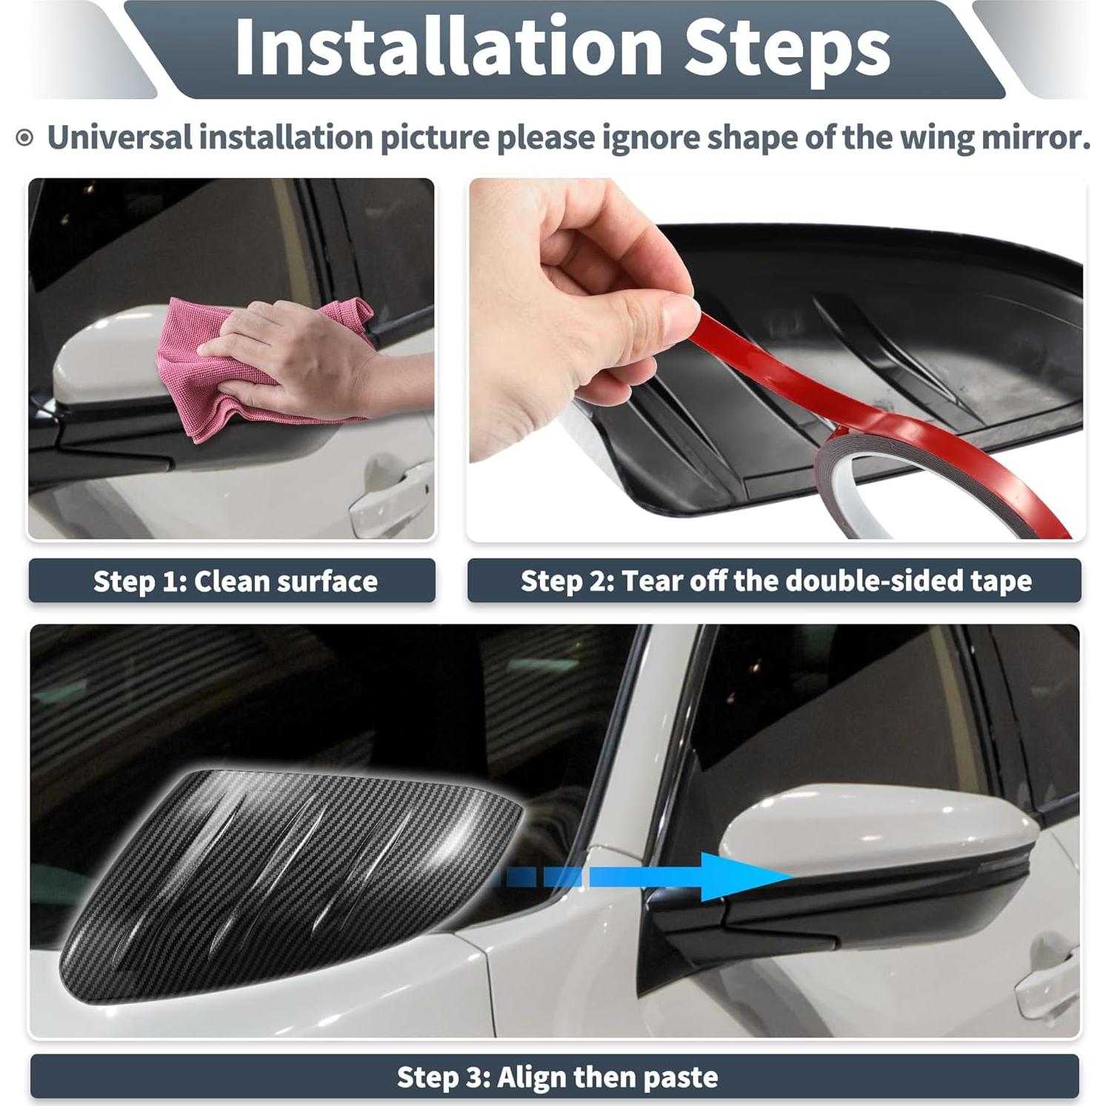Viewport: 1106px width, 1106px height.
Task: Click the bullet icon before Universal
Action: (25, 138)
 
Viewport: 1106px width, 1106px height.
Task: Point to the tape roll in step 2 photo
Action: (852, 482)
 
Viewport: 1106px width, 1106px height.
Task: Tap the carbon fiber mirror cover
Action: (296, 882)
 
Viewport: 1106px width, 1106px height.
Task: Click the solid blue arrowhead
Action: (741, 876)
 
